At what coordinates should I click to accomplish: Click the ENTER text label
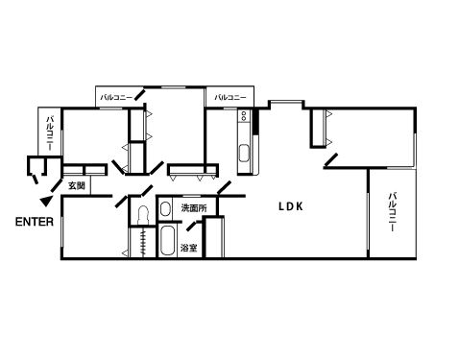(x=35, y=222)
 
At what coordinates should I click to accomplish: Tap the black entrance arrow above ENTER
(x=46, y=201)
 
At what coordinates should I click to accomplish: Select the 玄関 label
(x=77, y=185)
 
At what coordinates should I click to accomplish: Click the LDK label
(x=291, y=206)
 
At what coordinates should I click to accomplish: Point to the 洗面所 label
(x=194, y=208)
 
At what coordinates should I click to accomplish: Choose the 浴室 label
(x=189, y=248)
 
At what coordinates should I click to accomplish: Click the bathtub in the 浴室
(x=167, y=240)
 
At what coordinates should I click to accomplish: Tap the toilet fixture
(x=142, y=215)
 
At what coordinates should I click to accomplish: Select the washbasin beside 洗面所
(x=165, y=209)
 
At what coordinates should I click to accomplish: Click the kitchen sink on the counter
(x=244, y=154)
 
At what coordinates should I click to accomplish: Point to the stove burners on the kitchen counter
(x=244, y=115)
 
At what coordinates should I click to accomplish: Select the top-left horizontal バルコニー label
(x=116, y=97)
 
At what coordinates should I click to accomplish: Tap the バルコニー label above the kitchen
(x=230, y=97)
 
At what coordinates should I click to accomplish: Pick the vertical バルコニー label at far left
(x=50, y=132)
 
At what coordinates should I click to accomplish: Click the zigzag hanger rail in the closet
(x=143, y=242)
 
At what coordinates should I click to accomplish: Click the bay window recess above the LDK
(x=286, y=105)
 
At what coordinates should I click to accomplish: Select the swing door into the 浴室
(x=192, y=226)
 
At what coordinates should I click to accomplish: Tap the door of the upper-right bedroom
(x=331, y=160)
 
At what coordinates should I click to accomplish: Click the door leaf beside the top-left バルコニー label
(x=140, y=95)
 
